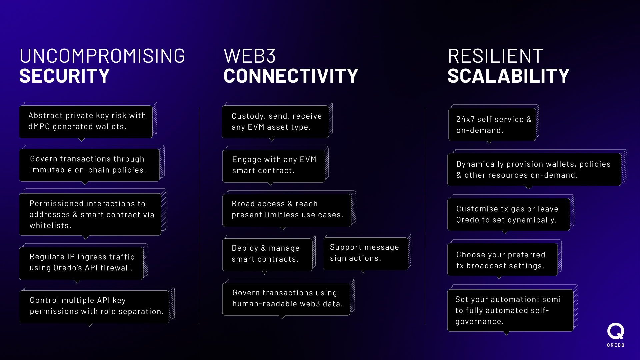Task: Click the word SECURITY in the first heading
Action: pos(64,76)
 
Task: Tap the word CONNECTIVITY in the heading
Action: pos(291,76)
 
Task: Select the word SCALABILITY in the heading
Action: pos(508,76)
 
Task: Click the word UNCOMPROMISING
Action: pos(102,56)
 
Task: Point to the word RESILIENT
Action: pos(495,56)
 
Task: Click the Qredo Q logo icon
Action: pos(615,331)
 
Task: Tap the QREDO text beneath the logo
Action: pos(616,345)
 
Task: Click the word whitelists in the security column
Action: pos(50,226)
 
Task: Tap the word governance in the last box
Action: pos(479,322)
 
